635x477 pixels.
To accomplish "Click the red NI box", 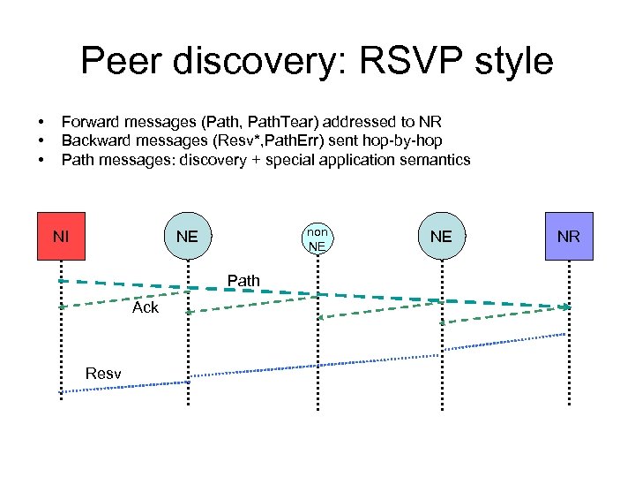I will tap(61, 236).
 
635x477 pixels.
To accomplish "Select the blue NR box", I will tap(569, 236).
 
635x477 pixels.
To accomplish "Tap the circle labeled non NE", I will tap(317, 237).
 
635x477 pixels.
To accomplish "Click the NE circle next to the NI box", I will tap(187, 236).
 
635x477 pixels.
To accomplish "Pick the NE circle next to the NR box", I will tap(441, 236).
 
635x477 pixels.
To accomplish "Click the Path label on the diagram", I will tap(243, 281).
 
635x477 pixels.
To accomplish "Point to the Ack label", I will tap(146, 307).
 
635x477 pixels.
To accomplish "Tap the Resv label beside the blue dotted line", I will tap(103, 374).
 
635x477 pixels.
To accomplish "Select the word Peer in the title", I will tap(118, 61).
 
